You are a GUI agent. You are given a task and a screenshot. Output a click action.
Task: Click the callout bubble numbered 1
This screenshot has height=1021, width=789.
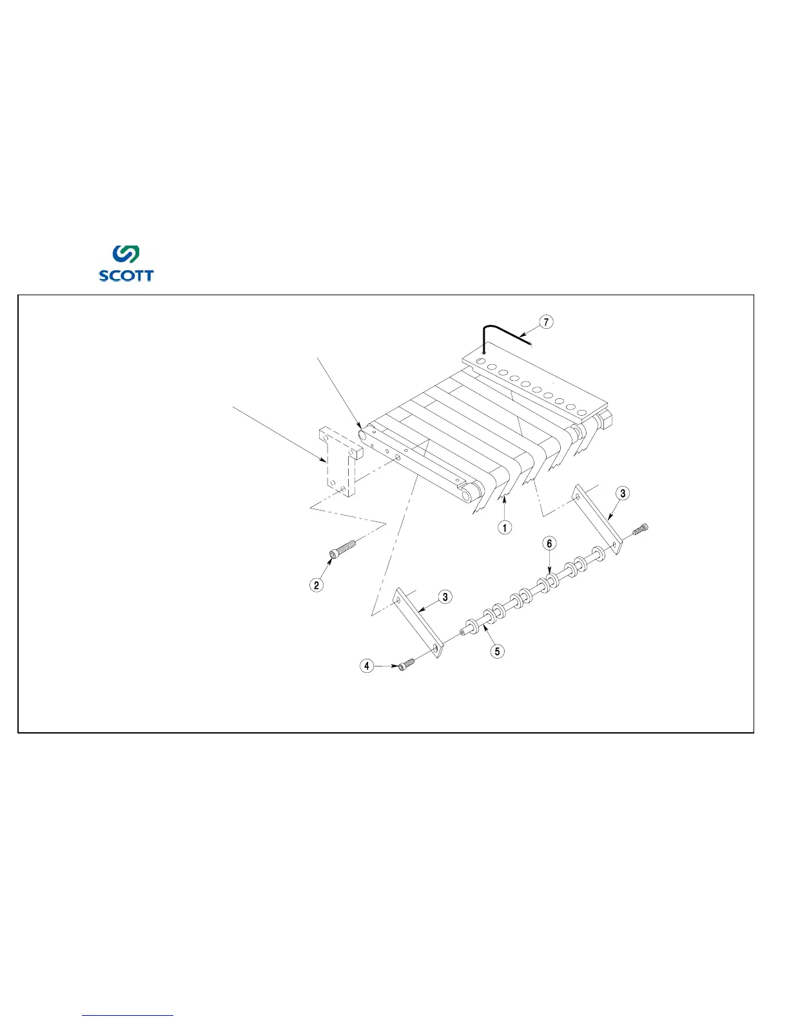(505, 527)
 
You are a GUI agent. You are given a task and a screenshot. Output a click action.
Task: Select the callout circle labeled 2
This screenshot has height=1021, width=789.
(317, 585)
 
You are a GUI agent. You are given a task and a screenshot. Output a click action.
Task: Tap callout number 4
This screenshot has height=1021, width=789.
(367, 665)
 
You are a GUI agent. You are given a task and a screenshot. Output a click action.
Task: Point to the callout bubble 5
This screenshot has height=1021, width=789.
(497, 651)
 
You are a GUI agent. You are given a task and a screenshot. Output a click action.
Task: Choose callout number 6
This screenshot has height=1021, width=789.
(549, 544)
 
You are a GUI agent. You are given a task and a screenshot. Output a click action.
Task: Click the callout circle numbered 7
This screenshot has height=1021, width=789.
(546, 321)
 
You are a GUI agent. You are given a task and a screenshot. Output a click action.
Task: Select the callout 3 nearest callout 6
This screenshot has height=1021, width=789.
(622, 494)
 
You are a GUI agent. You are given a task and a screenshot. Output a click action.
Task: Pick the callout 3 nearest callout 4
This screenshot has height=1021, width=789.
(445, 597)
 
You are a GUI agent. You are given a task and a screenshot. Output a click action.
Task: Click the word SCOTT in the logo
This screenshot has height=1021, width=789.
(126, 275)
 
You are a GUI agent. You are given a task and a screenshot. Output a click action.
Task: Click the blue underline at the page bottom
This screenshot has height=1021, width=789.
(128, 1015)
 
